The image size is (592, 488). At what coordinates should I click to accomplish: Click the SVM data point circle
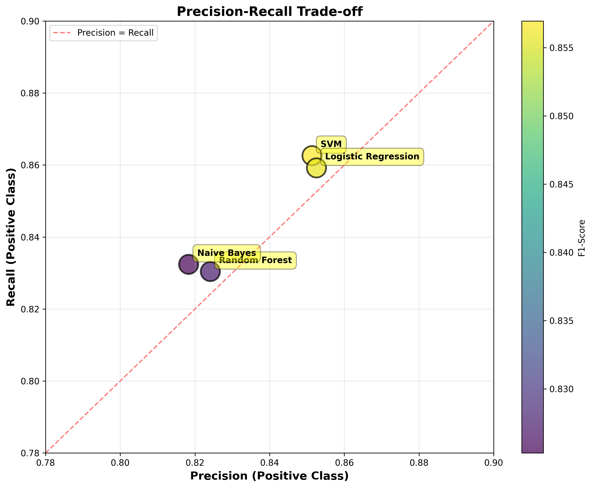[311, 155]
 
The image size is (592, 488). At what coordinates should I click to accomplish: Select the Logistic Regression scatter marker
[317, 168]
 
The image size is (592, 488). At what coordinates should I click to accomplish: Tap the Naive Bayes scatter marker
[189, 264]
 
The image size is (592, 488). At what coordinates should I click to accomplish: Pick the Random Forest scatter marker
[210, 271]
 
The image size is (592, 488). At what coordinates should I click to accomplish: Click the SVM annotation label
[331, 144]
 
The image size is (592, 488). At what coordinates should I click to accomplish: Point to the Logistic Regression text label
[372, 156]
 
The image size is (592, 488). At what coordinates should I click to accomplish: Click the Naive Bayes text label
[227, 253]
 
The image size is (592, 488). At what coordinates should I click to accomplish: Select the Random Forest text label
[255, 260]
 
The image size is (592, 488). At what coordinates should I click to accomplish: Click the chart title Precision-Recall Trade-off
[269, 12]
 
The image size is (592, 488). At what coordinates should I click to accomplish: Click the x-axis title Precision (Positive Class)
[269, 476]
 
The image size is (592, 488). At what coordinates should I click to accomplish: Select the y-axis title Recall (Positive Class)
[11, 237]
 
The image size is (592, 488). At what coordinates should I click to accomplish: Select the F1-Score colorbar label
[582, 238]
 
